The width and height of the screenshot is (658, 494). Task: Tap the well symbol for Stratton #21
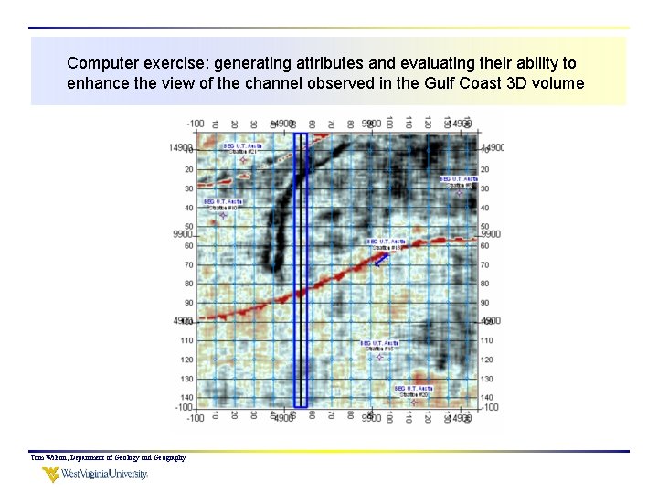coord(243,161)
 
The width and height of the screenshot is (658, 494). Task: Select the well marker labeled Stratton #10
coord(222,216)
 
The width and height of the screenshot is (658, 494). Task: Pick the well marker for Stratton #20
coord(412,402)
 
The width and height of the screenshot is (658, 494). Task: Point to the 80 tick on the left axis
coord(187,284)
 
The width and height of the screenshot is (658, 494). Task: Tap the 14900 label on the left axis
coord(180,147)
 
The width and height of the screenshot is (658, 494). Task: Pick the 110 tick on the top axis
coord(409,123)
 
